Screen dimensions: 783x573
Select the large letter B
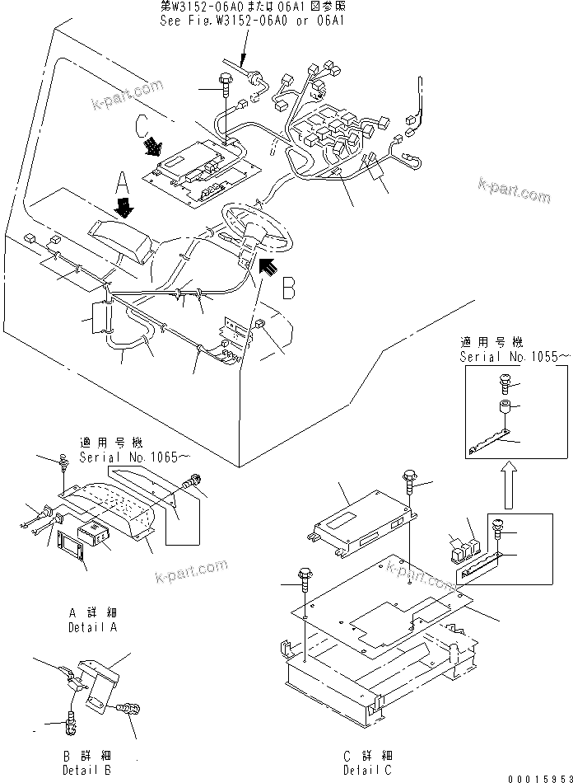coord(288,289)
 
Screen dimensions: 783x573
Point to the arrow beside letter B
coord(268,266)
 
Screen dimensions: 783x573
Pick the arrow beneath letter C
coord(153,148)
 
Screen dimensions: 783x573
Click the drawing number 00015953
coord(540,775)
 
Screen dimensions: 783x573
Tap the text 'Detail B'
coord(87,769)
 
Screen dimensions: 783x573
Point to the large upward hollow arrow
coord(508,487)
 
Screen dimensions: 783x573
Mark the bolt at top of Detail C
coord(409,480)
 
